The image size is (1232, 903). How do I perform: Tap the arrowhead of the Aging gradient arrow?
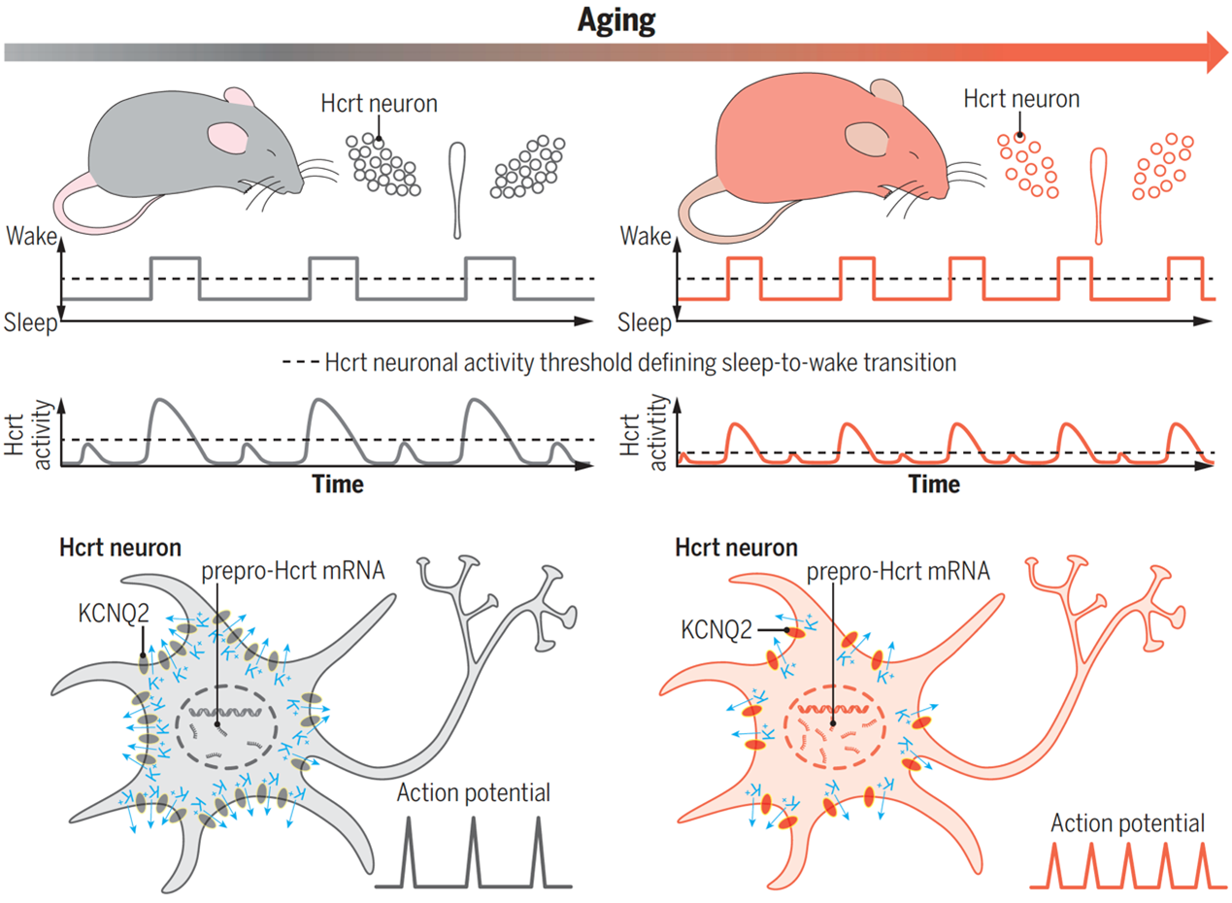pos(1215,51)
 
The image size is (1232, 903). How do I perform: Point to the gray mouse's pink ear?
pos(230,138)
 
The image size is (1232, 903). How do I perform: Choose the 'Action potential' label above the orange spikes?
pos(1128,823)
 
